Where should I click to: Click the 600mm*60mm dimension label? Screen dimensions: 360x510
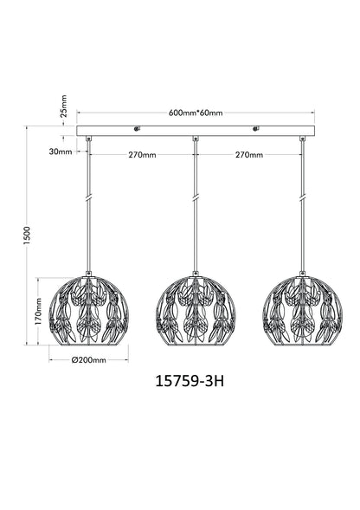(x=196, y=113)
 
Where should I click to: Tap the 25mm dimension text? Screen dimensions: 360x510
(x=64, y=106)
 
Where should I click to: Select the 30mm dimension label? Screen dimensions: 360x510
(x=61, y=152)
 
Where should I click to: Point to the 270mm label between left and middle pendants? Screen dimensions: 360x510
(x=142, y=155)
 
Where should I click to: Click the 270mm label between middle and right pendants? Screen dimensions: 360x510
(x=249, y=155)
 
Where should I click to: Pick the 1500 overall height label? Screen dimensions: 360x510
(x=27, y=236)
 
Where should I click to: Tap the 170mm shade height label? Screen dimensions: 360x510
(x=38, y=312)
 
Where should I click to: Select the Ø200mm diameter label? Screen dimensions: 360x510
(x=89, y=360)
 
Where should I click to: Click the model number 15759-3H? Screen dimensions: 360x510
(x=190, y=381)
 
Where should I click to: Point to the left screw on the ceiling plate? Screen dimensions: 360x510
(x=137, y=129)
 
